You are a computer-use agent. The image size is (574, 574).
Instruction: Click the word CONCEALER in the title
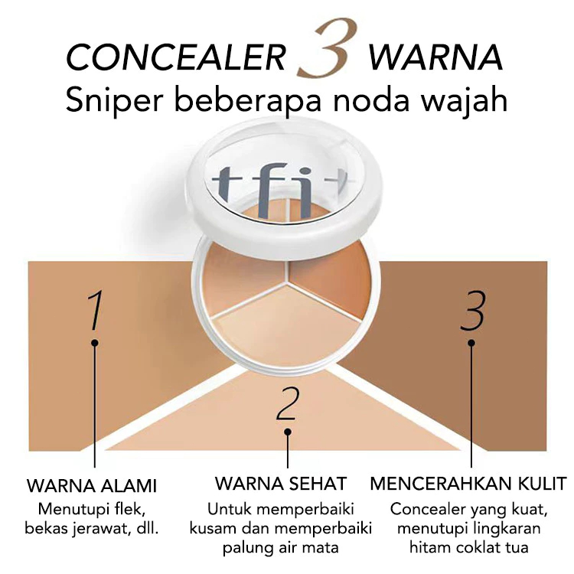tap(176, 57)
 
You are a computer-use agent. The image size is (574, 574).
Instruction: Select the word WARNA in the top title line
tap(435, 57)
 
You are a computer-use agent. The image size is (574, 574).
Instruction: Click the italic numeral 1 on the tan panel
tap(95, 310)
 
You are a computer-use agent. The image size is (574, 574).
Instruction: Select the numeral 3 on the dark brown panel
tap(473, 310)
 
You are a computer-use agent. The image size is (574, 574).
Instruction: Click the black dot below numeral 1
tap(95, 343)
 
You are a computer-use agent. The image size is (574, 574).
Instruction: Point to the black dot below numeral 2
tap(288, 432)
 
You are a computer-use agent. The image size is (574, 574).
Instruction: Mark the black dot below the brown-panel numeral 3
tap(471, 343)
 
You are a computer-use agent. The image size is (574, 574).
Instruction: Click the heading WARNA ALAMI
tap(92, 486)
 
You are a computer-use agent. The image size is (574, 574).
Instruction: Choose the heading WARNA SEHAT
tap(280, 483)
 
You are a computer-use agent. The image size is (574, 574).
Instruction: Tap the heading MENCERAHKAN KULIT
tap(468, 483)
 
